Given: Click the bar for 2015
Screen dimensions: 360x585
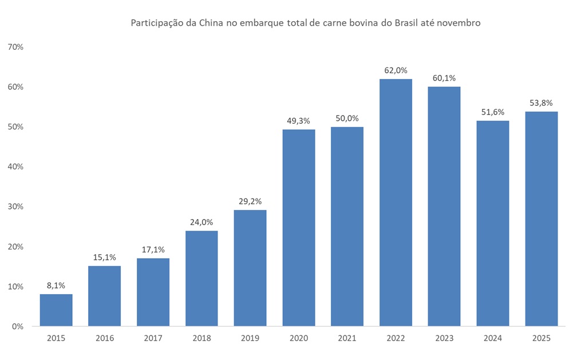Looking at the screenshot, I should coord(56,310).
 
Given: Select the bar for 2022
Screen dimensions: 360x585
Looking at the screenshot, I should coord(396,203).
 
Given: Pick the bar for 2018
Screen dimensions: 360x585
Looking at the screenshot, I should coord(201,278).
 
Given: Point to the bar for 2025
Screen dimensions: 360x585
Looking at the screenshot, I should coord(541,219).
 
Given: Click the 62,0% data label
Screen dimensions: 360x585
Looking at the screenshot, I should coord(396,70).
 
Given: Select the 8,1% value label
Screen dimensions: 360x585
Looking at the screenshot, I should coord(56,286).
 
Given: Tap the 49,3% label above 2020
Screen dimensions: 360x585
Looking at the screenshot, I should coord(299,121).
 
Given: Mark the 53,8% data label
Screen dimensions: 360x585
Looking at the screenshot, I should coord(541,103).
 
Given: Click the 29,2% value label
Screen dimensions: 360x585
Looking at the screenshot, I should coord(250,201).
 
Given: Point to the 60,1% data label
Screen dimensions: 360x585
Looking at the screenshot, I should coord(444,78).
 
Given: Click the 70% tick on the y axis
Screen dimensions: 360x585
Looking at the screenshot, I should coord(15,47).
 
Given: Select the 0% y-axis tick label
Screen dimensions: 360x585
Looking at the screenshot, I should coord(18,326).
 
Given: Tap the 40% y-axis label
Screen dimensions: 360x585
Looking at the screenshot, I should coord(15,167).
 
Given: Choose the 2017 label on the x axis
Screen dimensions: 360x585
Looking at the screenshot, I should coord(153,338).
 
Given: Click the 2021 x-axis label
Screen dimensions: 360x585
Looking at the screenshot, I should coord(347,338).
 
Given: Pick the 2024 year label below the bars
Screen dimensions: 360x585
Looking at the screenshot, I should coord(492,338).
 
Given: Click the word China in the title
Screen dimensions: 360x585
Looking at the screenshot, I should coord(213,23).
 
